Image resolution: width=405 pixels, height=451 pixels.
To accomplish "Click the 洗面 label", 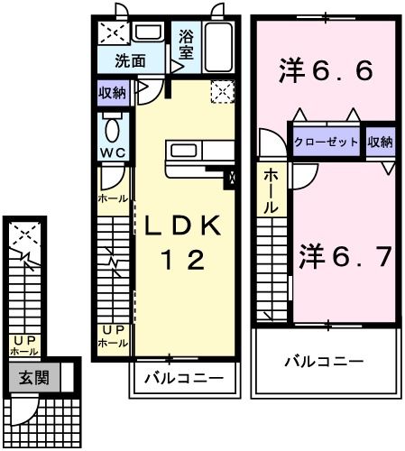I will pyautogui.click(x=130, y=61).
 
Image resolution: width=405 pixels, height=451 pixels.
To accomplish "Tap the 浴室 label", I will pyautogui.click(x=186, y=45).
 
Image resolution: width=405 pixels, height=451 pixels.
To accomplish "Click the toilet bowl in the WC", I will pyautogui.click(x=114, y=124).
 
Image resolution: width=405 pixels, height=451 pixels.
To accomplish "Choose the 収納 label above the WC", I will pyautogui.click(x=114, y=91).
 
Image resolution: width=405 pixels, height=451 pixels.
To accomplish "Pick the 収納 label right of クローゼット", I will pyautogui.click(x=381, y=143).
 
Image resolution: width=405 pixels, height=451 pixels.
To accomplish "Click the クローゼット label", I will pyautogui.click(x=327, y=143).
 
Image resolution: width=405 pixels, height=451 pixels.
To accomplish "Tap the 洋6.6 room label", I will pyautogui.click(x=327, y=69).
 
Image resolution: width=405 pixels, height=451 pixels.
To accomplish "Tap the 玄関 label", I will pyautogui.click(x=23, y=379).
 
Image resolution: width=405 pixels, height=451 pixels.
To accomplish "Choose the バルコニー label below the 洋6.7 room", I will pyautogui.click(x=325, y=361).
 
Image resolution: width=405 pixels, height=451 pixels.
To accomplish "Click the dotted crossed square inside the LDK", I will pyautogui.click(x=221, y=90).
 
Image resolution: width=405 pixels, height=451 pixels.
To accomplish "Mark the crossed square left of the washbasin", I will pyautogui.click(x=113, y=34).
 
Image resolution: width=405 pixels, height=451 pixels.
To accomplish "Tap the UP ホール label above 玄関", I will pyautogui.click(x=23, y=345).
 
